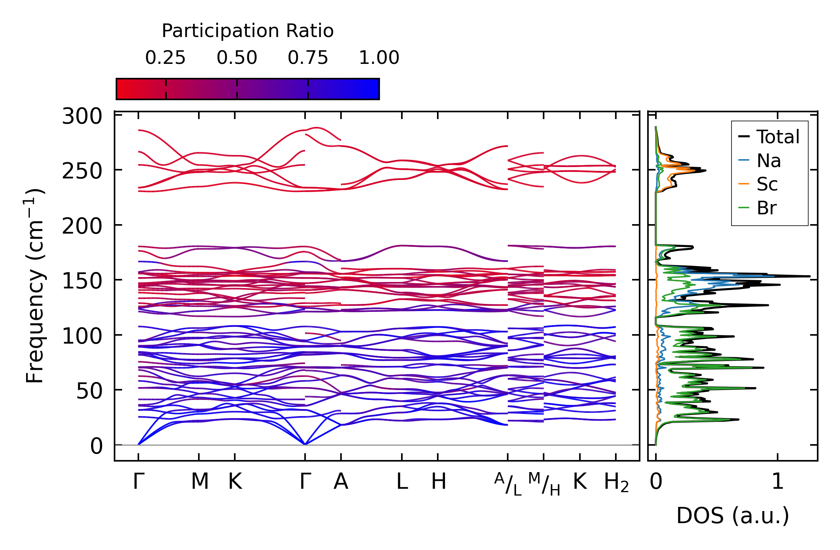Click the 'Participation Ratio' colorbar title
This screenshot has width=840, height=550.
click(x=248, y=31)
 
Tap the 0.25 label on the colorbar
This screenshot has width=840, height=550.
click(x=166, y=58)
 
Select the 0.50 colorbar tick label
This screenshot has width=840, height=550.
click(x=237, y=58)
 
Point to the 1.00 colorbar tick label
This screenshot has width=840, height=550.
click(x=379, y=58)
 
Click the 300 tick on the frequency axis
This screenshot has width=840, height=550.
click(x=82, y=116)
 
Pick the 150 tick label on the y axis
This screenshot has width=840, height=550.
click(x=82, y=281)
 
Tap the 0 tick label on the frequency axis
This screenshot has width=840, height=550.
click(x=96, y=446)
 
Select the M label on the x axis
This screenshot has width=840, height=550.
click(x=200, y=482)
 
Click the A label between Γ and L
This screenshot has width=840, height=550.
click(x=341, y=482)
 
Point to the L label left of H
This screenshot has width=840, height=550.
click(x=402, y=482)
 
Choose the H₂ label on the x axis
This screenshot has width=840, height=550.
click(x=616, y=482)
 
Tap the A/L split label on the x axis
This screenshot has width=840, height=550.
click(x=508, y=484)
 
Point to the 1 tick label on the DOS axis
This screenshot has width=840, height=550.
click(x=778, y=482)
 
